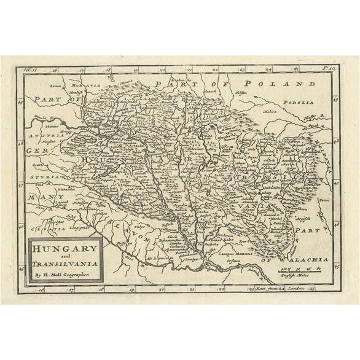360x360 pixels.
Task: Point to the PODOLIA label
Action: (299, 103)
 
